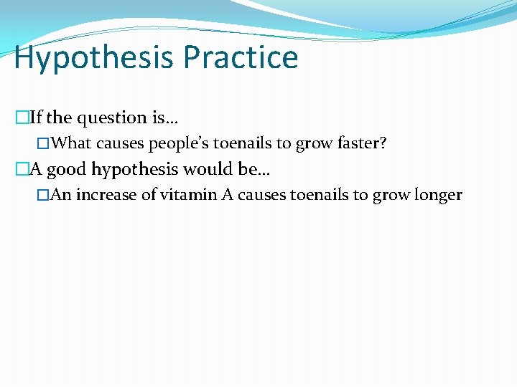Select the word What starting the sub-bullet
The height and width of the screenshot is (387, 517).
click(x=73, y=143)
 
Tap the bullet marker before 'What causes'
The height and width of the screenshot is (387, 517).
click(x=47, y=143)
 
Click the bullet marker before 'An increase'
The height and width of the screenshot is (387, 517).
click(x=47, y=195)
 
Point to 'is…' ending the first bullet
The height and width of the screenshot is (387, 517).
click(x=163, y=118)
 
